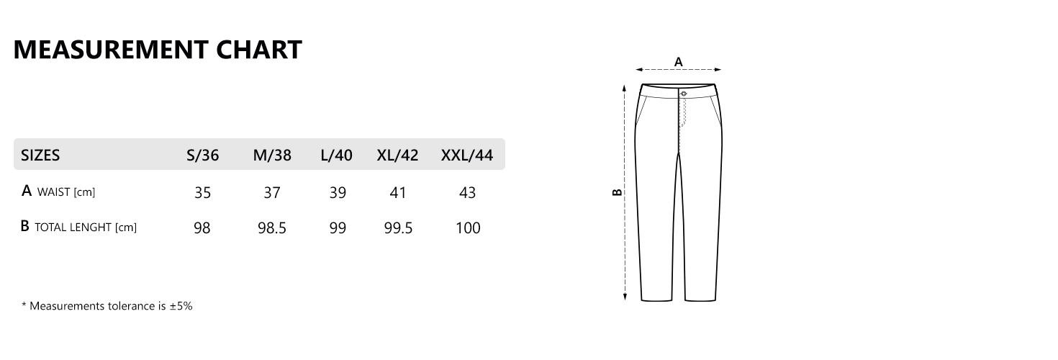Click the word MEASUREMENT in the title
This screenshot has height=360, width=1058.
[111, 50]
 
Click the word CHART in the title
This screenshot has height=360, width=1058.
[259, 50]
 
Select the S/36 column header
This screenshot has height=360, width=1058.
[203, 155]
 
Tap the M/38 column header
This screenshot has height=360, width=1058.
[272, 155]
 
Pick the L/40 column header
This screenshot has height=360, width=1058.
[336, 155]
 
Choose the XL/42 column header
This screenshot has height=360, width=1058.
[397, 155]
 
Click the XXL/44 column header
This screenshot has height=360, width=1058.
[466, 155]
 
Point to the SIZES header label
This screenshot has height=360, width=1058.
[40, 155]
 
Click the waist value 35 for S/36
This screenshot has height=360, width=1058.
[203, 193]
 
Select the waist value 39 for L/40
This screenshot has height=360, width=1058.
[338, 193]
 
